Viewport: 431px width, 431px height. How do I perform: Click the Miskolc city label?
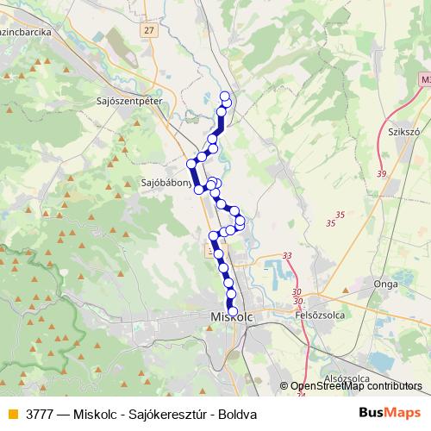click(232, 318)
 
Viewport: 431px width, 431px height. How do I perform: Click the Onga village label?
click(384, 283)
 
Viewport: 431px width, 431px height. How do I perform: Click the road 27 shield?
click(151, 30)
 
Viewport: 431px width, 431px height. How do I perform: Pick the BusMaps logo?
click(389, 414)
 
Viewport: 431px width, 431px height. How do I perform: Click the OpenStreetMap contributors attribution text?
click(356, 387)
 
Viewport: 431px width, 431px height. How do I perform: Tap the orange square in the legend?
click(12, 414)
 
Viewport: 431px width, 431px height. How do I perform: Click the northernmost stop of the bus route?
click(226, 97)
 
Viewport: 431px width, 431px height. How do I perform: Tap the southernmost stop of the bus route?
click(232, 311)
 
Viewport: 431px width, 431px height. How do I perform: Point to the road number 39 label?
click(382, 174)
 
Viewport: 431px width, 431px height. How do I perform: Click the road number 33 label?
click(287, 255)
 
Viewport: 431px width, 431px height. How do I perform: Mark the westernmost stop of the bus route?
click(191, 163)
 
